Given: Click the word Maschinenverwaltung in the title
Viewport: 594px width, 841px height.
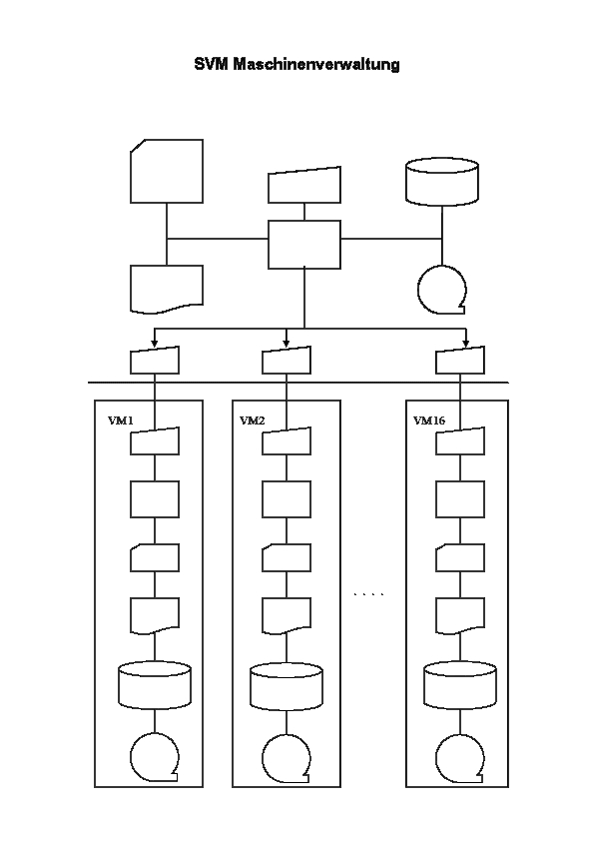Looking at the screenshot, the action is click(x=316, y=64).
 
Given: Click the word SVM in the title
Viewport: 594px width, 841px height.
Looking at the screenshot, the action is click(x=212, y=64).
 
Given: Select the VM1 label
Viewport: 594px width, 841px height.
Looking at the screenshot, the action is click(x=121, y=420).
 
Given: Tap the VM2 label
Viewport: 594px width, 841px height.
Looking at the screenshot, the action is click(x=253, y=420).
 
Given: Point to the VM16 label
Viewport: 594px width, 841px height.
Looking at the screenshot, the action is click(x=429, y=420).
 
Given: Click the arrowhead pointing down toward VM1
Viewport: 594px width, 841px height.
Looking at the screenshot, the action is click(x=155, y=343).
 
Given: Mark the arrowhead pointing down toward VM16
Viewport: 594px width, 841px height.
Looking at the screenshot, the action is click(x=465, y=343).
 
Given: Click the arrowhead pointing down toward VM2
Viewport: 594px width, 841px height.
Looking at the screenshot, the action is click(x=287, y=343).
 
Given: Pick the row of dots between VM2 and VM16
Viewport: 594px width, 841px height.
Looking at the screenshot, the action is click(x=369, y=594).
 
